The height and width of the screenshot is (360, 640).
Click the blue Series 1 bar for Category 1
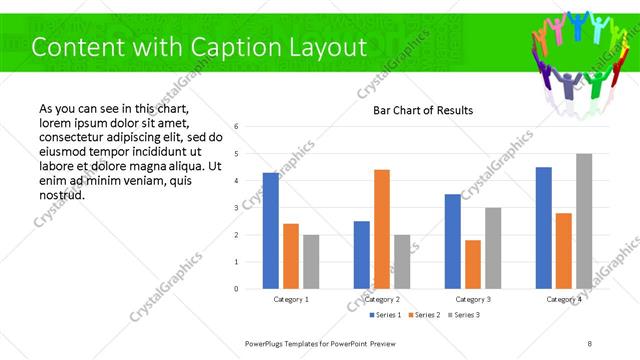(x=271, y=231)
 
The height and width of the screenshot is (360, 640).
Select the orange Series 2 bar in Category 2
(x=382, y=229)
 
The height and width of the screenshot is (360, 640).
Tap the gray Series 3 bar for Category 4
(x=584, y=221)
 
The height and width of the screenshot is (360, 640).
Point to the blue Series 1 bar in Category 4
(x=544, y=228)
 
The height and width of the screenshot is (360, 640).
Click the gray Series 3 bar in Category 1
(x=311, y=262)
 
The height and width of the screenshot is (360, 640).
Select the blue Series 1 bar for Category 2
(x=362, y=255)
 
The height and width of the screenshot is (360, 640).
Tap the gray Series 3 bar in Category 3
(x=493, y=248)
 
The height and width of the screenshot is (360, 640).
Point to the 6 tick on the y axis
(x=236, y=127)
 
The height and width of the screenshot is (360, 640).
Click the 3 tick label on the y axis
(x=236, y=208)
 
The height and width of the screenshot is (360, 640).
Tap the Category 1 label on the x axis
(x=291, y=299)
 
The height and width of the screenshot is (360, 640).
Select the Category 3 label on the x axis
(x=473, y=299)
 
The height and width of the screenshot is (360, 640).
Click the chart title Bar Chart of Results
(x=423, y=110)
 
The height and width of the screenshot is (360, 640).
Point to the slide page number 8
(x=590, y=343)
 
